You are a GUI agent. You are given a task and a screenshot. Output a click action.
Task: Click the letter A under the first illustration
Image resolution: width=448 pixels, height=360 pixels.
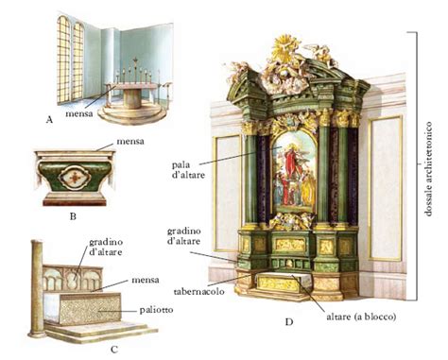(x=49, y=119)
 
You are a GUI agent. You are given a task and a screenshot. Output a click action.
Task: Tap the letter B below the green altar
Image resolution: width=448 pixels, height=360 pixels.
(x=73, y=216)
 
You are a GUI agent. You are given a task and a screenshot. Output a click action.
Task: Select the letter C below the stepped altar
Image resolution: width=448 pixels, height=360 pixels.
(x=114, y=350)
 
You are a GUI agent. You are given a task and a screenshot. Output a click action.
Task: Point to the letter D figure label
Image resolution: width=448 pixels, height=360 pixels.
(x=289, y=322)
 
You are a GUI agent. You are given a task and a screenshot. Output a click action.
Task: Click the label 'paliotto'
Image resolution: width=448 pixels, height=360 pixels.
(x=156, y=310)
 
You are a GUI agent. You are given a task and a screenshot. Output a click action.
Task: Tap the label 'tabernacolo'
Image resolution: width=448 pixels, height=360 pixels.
(x=199, y=291)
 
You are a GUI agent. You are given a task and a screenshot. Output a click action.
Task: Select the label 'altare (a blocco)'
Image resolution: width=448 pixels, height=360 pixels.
(x=361, y=317)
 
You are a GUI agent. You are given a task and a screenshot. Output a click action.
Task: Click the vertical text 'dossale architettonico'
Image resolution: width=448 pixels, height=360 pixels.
(x=428, y=169)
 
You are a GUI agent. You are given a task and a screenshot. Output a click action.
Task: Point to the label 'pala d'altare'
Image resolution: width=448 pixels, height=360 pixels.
(x=188, y=170)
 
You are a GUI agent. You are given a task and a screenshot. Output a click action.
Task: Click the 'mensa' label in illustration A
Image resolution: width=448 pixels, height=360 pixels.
(x=79, y=113)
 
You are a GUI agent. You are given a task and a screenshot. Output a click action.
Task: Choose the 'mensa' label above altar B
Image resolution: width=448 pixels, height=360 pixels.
(x=130, y=141)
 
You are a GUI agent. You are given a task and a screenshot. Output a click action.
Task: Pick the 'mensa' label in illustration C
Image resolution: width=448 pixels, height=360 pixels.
(x=146, y=280)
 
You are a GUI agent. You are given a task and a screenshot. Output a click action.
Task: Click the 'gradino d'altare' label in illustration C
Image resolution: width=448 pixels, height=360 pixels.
(x=106, y=248)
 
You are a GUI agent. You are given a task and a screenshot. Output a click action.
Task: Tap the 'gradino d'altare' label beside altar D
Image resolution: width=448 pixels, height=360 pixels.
(x=183, y=236)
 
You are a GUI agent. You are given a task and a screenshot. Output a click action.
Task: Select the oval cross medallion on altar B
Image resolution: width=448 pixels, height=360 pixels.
(x=75, y=177)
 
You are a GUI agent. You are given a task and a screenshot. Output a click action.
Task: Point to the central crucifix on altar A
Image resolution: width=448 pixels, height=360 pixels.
(x=135, y=70)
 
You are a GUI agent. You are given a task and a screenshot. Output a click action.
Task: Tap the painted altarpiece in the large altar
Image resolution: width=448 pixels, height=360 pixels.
(x=295, y=172)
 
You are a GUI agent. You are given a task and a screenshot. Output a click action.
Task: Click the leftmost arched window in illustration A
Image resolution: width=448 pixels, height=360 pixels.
(x=63, y=59)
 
